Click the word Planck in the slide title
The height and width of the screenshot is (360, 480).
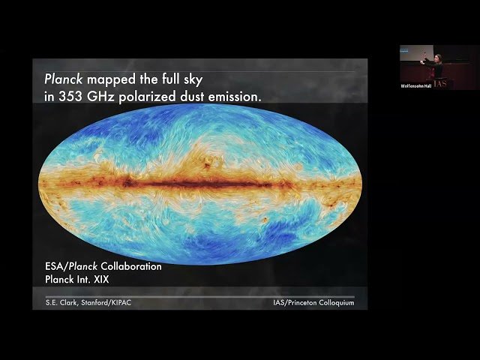point(62,77)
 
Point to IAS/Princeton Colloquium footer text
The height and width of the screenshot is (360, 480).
point(313,302)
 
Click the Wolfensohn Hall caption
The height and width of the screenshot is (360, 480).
point(415,85)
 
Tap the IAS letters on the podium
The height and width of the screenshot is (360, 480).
point(439,83)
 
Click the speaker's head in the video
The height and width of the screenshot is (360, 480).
point(437,56)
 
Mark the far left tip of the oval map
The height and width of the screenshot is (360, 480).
point(40,181)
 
